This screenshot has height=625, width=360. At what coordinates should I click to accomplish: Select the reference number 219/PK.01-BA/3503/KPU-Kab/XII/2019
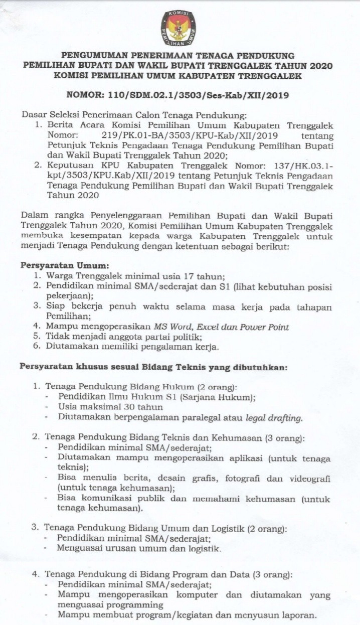190,135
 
